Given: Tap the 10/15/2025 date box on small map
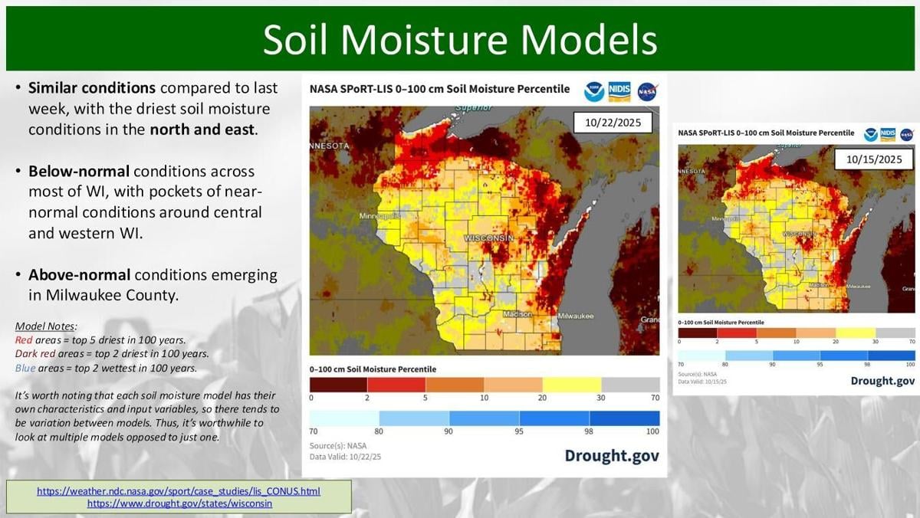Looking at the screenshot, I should pos(874,159).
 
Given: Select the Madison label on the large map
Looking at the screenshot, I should pos(518,315).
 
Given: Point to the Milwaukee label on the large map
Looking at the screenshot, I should pos(575,316).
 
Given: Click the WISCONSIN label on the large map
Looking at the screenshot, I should pos(488,239).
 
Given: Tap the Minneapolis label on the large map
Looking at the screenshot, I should pos(379,217).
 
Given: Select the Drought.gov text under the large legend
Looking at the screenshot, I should pos(611,456).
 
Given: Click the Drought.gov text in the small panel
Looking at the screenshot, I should pos(882,381).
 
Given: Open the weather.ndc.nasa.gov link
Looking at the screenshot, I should pos(179,491).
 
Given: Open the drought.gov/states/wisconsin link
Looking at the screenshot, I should pos(179,504).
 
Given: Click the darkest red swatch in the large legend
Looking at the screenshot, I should pos(338,385).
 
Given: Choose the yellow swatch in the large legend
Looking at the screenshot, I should pos(572,385).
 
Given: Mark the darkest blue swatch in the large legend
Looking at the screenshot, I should pos(624,418).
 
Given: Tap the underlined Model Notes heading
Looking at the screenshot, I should pos(45,326).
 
